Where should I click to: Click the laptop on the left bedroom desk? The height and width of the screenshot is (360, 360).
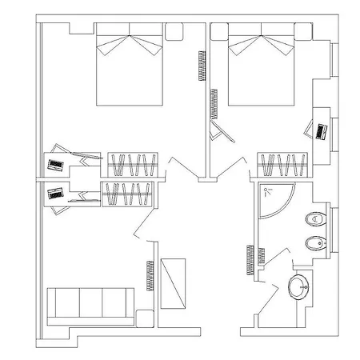[56, 163]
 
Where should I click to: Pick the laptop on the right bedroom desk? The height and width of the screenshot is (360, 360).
[322, 130]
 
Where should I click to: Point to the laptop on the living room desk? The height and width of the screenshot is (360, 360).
[56, 194]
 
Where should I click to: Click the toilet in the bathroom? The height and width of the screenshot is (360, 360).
[317, 218]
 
